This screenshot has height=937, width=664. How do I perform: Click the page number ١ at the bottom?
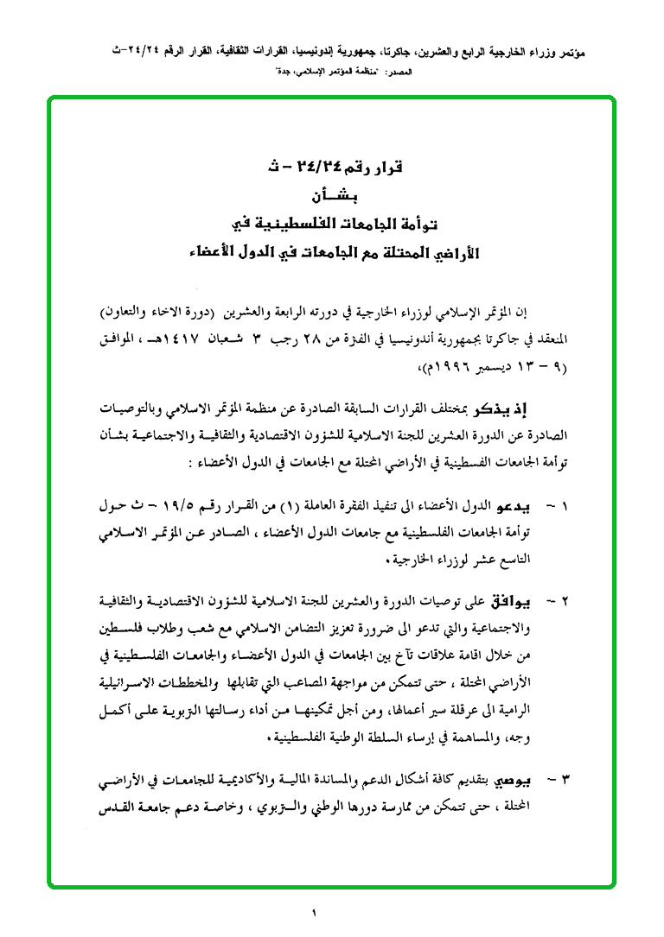(315, 912)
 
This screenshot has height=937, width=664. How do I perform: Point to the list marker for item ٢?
(563, 599)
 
